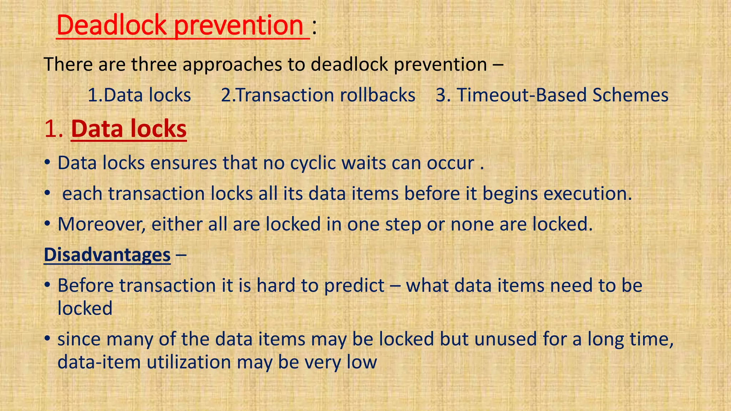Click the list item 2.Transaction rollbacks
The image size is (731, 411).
(x=318, y=95)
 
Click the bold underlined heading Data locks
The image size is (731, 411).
(x=129, y=129)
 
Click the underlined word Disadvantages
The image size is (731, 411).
(x=107, y=255)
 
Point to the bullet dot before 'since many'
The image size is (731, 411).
(x=47, y=339)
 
